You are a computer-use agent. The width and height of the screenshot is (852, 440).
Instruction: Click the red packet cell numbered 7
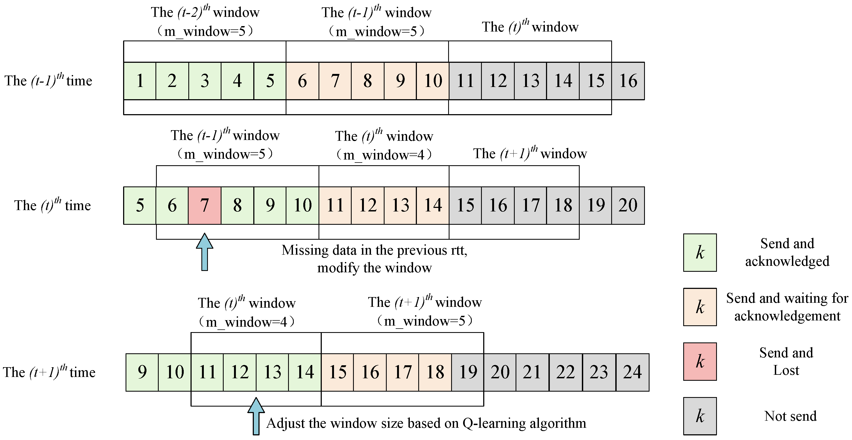pos(204,205)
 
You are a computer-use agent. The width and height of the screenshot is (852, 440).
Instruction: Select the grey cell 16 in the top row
pos(628,81)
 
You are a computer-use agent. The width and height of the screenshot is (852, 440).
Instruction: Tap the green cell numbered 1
pos(140,81)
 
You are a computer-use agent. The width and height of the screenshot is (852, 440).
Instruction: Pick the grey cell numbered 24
pos(632,372)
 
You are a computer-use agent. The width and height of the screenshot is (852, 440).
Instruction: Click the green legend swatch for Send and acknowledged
pos(700,253)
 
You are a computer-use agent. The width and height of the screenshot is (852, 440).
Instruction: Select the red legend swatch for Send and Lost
pos(700,362)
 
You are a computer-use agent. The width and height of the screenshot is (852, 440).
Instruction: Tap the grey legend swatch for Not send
pos(700,416)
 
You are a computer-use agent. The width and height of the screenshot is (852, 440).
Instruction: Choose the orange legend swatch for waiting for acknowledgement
pos(700,307)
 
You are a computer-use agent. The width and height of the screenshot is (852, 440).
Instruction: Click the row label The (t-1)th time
pos(48,80)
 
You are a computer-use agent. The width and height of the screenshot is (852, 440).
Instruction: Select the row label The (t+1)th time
pos(49,372)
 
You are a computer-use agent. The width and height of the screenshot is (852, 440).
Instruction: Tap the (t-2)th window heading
pos(205,13)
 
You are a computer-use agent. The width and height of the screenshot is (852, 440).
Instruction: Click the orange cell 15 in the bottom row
pos(337,372)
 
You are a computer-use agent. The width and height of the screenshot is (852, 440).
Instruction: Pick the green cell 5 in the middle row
pos(140,205)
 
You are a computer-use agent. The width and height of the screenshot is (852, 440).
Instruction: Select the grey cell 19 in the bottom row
pos(468,372)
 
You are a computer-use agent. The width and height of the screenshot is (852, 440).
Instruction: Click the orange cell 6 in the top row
pos(302,81)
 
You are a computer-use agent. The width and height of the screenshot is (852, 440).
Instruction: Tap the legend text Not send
pos(790,416)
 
